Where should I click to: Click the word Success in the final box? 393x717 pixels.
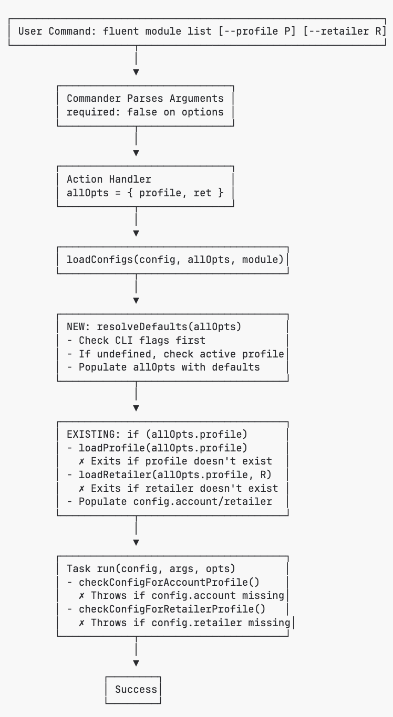coord(136,689)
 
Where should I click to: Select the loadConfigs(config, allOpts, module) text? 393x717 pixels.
coord(175,259)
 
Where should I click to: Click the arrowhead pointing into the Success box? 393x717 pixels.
coord(136,663)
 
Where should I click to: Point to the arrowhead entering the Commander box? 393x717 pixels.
coord(136,72)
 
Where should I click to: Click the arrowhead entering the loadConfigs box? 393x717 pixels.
coord(136,234)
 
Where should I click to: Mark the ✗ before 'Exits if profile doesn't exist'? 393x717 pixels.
coord(81,461)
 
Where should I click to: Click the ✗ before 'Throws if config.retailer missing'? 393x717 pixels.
coord(81,623)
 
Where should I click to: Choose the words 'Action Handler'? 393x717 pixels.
coord(109,179)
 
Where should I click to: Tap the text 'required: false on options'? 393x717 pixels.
coord(145,112)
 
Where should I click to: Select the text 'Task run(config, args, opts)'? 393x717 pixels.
coord(151,568)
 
